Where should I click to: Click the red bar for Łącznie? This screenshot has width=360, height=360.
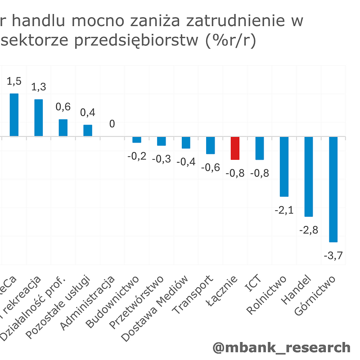click(235, 148)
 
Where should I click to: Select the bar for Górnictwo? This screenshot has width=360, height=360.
click(333, 189)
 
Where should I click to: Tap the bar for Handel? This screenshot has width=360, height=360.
click(309, 176)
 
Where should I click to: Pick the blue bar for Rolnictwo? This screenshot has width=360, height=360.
click(284, 166)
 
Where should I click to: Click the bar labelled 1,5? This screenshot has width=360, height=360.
click(14, 115)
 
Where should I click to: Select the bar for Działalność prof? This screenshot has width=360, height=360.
click(63, 128)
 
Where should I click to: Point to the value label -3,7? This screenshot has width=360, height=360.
click(333, 256)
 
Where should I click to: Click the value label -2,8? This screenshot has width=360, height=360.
click(309, 230)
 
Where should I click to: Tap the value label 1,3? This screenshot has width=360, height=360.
click(39, 87)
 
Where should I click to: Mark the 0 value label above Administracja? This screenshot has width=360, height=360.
click(112, 124)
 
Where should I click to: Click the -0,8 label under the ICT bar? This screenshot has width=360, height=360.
click(260, 173)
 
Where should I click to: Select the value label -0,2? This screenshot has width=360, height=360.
click(137, 156)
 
